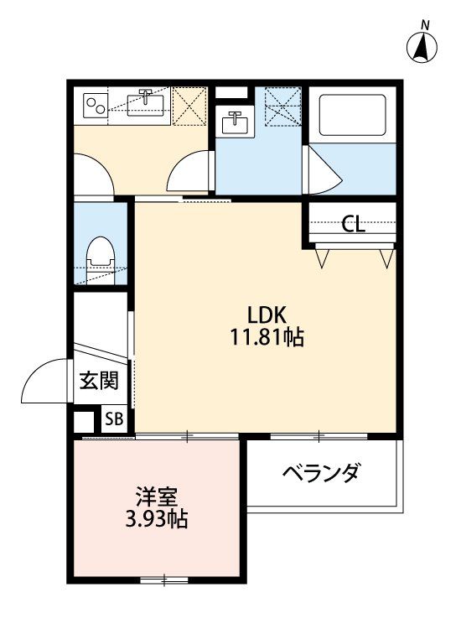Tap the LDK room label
point(267,315)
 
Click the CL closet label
point(353,224)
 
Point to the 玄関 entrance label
point(99,381)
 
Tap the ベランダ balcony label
point(320,473)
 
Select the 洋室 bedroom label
point(157,496)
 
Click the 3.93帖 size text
point(157,519)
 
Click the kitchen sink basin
point(147,104)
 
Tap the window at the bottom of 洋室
point(164,580)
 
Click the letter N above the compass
point(425,26)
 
